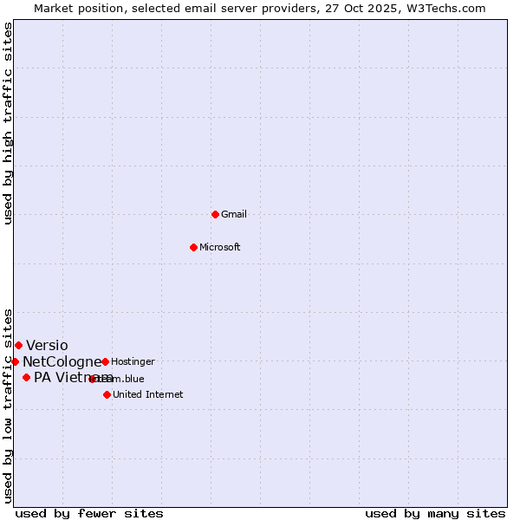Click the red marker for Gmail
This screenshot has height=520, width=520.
click(216, 214)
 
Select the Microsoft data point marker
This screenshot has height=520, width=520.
click(194, 247)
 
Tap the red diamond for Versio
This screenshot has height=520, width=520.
click(18, 345)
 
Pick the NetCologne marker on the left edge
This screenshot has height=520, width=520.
click(16, 361)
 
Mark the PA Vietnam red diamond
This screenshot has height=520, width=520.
click(27, 377)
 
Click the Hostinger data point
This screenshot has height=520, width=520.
click(105, 361)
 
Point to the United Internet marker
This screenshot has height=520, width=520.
click(107, 394)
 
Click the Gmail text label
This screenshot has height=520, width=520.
click(234, 214)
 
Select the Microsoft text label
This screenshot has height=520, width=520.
click(220, 247)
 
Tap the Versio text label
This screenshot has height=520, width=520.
click(47, 345)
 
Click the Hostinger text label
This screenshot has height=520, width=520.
click(133, 361)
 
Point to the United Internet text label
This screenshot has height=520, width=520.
click(147, 394)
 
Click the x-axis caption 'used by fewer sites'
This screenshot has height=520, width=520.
click(89, 513)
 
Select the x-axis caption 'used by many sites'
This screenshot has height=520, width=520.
click(435, 513)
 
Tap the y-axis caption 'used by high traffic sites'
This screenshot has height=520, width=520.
click(8, 123)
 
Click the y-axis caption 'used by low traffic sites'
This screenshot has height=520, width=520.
click(8, 405)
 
